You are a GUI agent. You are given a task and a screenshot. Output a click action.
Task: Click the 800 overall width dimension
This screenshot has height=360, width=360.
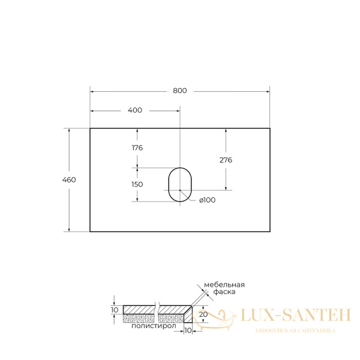point(180,91)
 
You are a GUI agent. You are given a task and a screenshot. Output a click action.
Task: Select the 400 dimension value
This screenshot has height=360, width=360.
point(135,110)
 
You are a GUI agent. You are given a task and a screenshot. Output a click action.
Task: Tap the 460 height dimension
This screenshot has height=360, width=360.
point(69,180)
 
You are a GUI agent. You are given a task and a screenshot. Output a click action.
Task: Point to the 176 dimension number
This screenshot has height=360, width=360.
point(137,148)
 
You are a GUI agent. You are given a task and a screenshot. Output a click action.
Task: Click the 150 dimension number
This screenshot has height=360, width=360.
point(137,184)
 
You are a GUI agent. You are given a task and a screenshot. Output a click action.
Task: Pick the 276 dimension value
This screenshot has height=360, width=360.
point(226,160)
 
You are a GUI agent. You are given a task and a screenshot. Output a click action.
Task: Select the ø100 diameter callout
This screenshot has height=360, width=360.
point(208,200)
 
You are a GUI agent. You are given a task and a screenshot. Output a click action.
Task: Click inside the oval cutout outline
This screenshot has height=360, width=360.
point(169,185)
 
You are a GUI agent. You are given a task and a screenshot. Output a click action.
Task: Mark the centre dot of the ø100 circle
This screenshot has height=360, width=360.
point(180,190)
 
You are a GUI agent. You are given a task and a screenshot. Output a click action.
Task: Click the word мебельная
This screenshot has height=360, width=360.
point(224,285)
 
